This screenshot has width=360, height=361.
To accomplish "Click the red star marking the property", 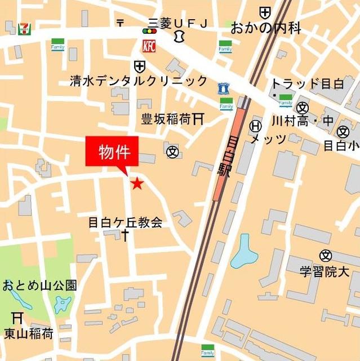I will point(136,183).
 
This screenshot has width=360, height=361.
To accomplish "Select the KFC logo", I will point(149,45).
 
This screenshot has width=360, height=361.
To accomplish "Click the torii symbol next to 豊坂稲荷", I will point(198,119).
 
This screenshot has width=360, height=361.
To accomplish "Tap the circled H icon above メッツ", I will point(256,126).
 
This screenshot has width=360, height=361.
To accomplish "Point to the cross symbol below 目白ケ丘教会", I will point(125,235).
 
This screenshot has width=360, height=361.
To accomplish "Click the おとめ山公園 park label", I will point(39,285).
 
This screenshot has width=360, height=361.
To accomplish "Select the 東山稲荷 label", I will point(29,333).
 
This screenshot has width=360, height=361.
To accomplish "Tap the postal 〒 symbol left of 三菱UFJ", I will point(120,23).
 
